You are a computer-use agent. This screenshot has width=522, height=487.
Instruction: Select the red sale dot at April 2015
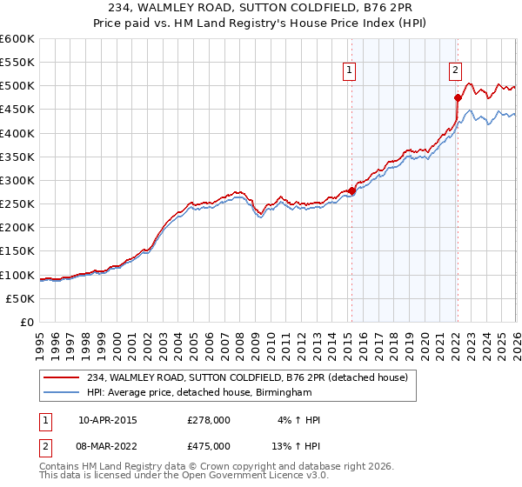coord(351,190)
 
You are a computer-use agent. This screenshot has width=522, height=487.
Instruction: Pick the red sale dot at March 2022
coord(458,97)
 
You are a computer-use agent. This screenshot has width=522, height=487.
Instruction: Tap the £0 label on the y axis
coord(27,322)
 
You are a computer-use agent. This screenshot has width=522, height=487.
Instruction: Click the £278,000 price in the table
coord(209,420)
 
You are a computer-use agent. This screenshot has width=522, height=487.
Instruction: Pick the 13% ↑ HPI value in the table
coord(297,446)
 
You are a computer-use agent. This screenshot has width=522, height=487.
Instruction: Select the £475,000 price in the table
coord(209,446)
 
